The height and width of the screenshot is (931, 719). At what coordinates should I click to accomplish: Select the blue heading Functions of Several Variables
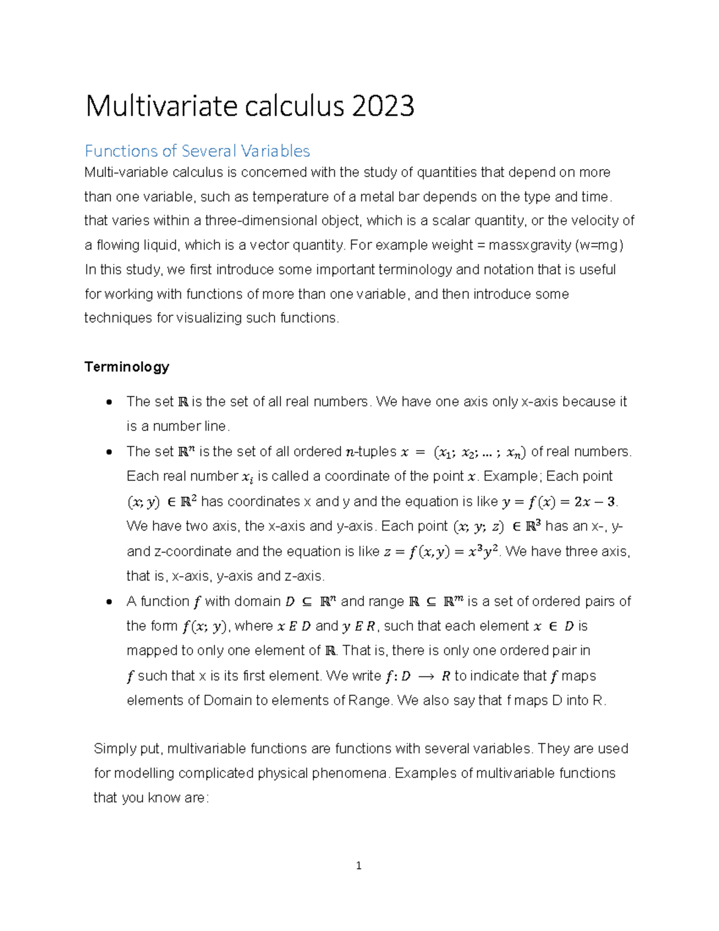pos(197,150)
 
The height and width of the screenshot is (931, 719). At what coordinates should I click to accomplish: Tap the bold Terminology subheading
pos(126,366)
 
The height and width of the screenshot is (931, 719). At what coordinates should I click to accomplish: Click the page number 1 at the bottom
pos(358,865)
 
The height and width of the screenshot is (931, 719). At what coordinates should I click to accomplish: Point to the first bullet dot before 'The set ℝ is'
pos(108,402)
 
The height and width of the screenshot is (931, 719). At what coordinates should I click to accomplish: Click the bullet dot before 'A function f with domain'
pos(108,602)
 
